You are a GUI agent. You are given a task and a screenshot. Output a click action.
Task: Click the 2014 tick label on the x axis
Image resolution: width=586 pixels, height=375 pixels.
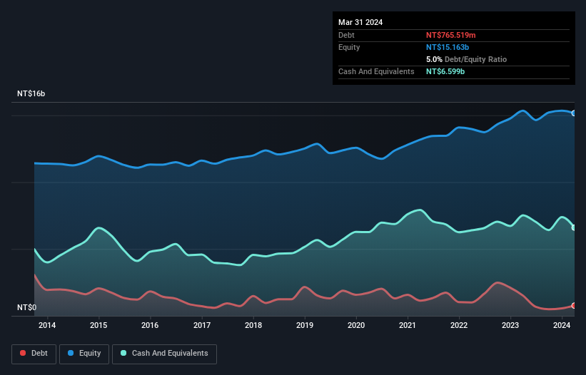(x=47, y=326)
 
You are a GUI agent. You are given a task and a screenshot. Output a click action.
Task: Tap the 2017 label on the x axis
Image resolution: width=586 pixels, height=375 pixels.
(x=202, y=326)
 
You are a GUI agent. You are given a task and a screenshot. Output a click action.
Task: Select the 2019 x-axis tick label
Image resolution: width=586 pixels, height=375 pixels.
(x=305, y=326)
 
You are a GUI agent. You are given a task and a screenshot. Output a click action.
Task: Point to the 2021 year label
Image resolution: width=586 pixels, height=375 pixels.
(x=408, y=326)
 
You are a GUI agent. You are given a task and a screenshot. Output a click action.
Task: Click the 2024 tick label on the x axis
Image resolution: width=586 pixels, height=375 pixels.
(x=562, y=326)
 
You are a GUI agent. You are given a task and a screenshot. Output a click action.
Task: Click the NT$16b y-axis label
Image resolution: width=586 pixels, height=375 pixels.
(x=31, y=94)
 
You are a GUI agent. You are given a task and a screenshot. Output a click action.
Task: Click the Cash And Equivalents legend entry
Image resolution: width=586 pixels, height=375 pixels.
(x=164, y=354)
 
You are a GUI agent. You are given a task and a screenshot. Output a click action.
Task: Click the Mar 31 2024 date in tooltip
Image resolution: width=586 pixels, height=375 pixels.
(x=360, y=22)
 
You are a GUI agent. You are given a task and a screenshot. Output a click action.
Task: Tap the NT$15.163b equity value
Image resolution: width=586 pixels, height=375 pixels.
(x=448, y=47)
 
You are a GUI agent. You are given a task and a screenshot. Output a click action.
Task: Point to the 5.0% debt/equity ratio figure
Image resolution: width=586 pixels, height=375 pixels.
(x=435, y=59)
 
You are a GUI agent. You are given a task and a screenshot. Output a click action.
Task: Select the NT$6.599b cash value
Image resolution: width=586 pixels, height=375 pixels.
(x=445, y=71)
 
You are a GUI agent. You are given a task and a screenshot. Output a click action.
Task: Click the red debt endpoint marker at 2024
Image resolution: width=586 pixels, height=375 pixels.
(x=574, y=306)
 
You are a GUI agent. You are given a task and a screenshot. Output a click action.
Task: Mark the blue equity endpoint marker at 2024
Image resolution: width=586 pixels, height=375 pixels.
(x=574, y=113)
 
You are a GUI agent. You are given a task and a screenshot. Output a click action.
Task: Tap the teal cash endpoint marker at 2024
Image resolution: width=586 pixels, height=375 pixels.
(x=574, y=227)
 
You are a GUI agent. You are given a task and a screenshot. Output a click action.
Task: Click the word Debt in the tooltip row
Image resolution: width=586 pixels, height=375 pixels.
(x=346, y=35)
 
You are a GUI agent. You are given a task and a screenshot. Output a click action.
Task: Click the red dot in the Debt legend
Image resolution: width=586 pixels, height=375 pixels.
(x=24, y=354)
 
